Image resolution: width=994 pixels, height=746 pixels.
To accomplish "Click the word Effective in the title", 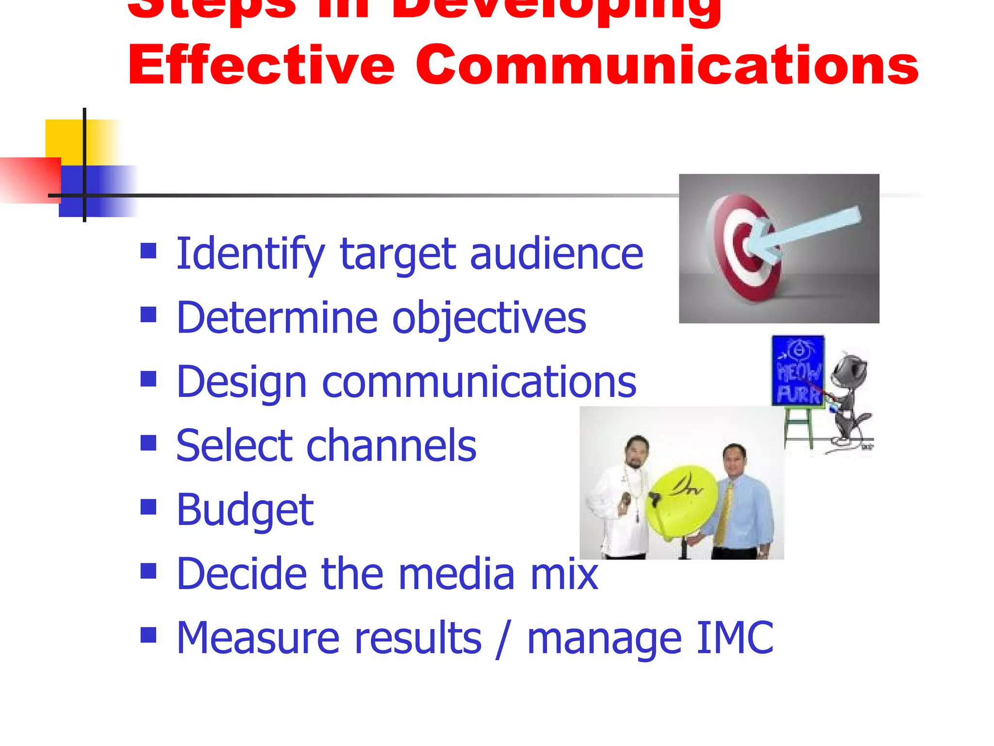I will coord(261,65).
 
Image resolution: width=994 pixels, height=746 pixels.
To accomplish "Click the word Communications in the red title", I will coord(666,65).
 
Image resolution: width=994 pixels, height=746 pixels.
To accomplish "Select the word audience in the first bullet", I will coord(556,254).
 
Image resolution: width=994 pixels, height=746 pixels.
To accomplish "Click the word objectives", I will coord(489,318).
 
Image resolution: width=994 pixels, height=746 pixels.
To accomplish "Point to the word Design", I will coord(241,383).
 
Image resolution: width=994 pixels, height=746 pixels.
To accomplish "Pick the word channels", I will coord(391,445).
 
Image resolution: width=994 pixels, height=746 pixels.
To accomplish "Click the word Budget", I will coord(245,510).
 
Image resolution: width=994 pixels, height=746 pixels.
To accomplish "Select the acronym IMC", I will coord(734,638).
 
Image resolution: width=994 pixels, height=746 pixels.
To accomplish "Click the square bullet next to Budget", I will coord(148,507).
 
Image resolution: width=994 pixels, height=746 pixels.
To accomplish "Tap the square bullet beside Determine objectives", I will coord(148,314).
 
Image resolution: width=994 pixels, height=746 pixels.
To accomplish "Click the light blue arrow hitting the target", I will coord(806,231).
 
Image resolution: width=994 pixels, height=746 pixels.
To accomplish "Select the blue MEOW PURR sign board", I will coord(798,370).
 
